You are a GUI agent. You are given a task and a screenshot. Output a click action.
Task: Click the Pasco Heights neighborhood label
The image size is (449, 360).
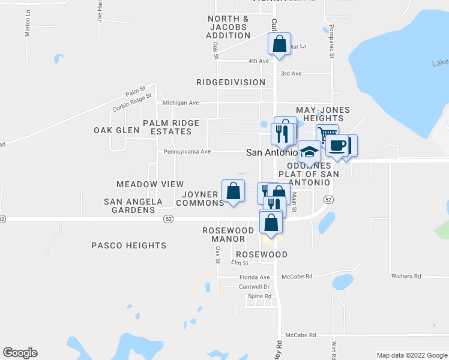pyautogui.click(x=128, y=245)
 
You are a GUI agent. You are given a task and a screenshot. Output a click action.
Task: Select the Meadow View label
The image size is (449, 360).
pyautogui.click(x=149, y=184)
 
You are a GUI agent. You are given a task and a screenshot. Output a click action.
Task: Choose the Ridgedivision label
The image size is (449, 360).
pyautogui.click(x=231, y=82)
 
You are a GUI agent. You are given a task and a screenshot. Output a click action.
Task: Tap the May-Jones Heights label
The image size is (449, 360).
pyautogui.click(x=322, y=114)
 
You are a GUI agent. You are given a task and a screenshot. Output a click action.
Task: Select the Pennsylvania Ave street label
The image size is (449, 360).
pyautogui.click(x=187, y=152)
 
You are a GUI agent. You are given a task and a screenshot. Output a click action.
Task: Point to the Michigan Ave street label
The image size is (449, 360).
pyautogui.click(x=181, y=103)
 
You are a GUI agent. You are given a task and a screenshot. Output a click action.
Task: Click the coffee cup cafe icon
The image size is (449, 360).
pyautogui.click(x=337, y=146)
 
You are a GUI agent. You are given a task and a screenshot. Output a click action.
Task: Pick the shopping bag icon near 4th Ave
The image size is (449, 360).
pyautogui.click(x=279, y=44)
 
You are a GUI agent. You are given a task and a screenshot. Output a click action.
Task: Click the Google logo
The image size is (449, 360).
pyautogui.click(x=20, y=353)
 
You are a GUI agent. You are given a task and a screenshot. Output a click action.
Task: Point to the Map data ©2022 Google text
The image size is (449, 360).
pyautogui.click(x=411, y=355)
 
